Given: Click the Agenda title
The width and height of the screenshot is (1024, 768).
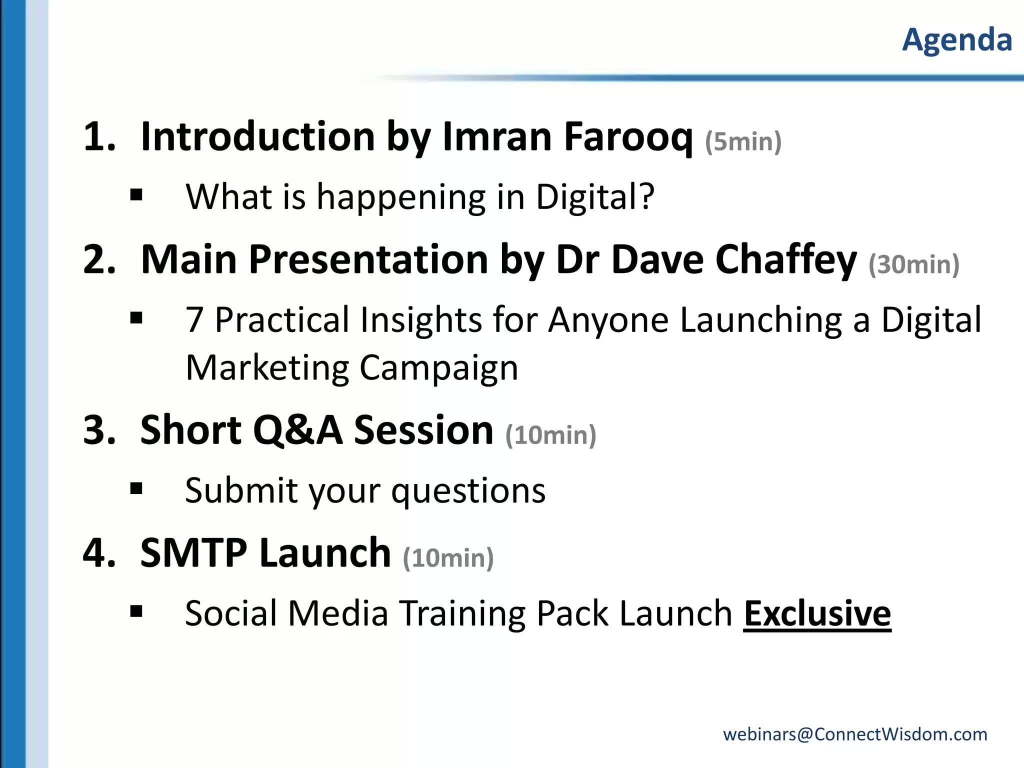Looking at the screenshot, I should (957, 40).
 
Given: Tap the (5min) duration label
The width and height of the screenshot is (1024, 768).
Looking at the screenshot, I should (743, 141).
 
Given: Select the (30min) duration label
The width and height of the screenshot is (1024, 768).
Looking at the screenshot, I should (914, 264).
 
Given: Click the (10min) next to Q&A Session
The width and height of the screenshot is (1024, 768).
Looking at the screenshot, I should (550, 435).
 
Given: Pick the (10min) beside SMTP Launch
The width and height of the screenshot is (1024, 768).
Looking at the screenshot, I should (448, 558).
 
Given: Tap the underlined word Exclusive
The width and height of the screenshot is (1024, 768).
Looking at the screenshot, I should (817, 613).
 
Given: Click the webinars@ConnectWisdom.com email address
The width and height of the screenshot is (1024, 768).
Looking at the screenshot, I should (855, 734).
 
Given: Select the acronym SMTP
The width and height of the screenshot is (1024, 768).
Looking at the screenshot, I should (193, 553).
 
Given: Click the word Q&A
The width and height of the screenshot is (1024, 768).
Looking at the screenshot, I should (298, 430).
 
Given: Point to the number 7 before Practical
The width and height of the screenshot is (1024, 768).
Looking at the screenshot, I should (194, 320).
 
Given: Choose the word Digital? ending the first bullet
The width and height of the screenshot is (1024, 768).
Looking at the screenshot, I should (595, 196).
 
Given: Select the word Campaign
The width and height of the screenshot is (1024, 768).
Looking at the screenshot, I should (438, 368).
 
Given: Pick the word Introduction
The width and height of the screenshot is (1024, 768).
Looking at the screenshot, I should (258, 136).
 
